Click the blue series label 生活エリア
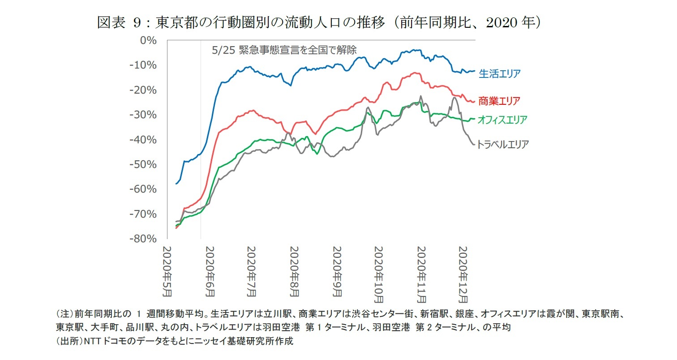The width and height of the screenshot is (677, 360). point(500,73)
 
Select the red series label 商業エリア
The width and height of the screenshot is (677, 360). point(499,101)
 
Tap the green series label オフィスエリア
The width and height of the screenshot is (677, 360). point(502,120)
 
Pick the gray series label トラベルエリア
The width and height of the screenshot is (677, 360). point(503,144)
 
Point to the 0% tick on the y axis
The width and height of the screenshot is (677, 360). point(148,41)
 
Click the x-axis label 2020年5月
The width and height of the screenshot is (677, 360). point(167,271)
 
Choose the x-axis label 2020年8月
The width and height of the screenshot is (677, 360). point(294,271)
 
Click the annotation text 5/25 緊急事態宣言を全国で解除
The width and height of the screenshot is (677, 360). point(284,50)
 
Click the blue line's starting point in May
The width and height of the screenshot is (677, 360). point(176,184)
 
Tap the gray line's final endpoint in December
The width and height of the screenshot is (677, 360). point(474,144)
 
